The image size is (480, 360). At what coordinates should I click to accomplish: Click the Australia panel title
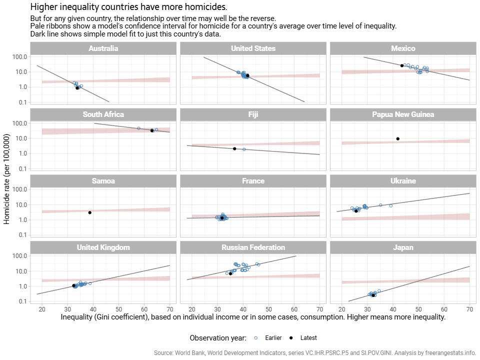(x=103, y=48)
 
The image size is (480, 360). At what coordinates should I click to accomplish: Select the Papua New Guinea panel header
(x=403, y=114)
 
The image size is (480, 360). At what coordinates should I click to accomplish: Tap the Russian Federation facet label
(x=253, y=247)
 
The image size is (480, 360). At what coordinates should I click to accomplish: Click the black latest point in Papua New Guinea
(x=398, y=138)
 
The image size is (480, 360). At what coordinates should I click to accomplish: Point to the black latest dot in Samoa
(x=89, y=212)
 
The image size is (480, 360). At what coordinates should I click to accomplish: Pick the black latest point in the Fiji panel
(x=234, y=148)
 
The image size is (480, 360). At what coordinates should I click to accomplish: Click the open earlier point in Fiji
(x=244, y=149)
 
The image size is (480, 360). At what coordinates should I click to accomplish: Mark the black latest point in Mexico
(x=402, y=65)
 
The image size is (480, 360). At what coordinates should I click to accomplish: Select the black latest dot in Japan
(x=373, y=295)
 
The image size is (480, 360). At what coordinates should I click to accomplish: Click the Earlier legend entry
(x=272, y=338)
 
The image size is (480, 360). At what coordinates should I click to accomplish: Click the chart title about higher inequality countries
(x=128, y=7)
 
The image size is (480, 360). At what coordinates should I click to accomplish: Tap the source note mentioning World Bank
(x=315, y=352)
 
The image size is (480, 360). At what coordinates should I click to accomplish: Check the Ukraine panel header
(x=403, y=181)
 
